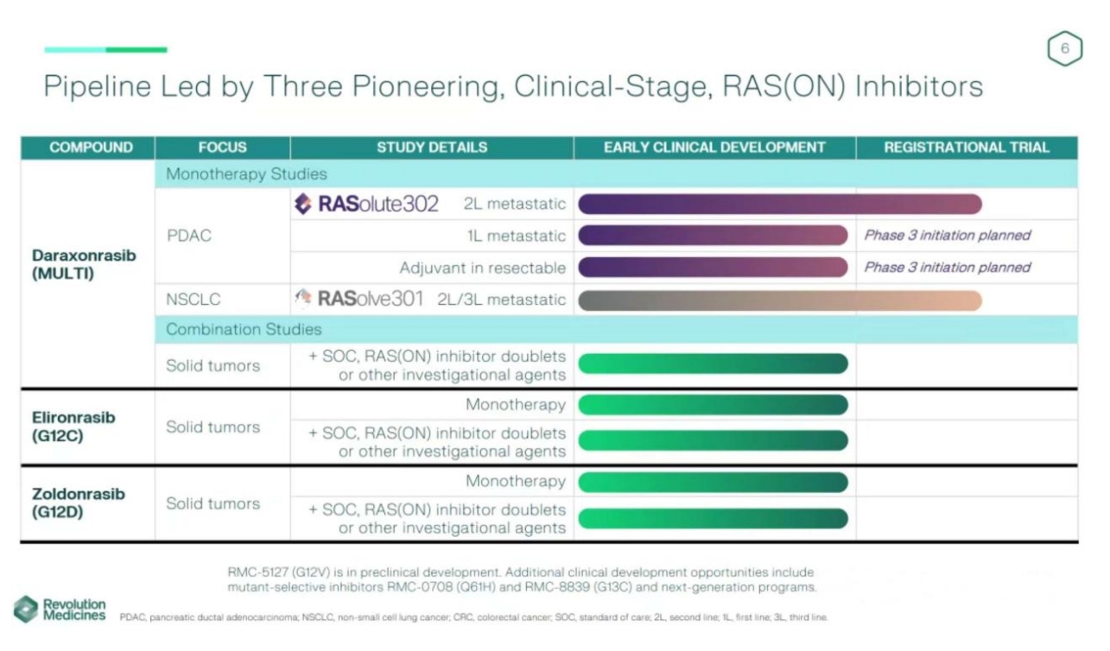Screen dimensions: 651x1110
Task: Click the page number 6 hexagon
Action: pos(1064,49)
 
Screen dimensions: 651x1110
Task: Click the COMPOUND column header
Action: pos(91,148)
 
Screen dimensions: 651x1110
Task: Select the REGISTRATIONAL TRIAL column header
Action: pos(967,148)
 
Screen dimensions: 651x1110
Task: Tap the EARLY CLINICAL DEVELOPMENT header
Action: pos(714,148)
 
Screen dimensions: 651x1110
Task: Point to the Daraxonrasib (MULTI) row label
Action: pos(84,265)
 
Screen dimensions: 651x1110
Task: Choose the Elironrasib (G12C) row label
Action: pos(73,427)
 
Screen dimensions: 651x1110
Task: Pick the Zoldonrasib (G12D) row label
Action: pos(79,503)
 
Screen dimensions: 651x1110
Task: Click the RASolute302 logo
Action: pos(366,204)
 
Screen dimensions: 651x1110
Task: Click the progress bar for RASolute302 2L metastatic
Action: pos(779,205)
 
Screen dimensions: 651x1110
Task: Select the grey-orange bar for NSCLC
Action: pos(779,300)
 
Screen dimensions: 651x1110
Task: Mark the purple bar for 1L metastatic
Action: pos(713,236)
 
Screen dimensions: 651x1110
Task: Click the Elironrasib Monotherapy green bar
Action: pos(713,405)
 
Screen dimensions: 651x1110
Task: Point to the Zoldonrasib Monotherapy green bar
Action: pos(713,482)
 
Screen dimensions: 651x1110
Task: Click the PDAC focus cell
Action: pos(188,236)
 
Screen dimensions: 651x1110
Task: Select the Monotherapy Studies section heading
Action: pos(246,174)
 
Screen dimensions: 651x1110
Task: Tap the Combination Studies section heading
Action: pos(244,330)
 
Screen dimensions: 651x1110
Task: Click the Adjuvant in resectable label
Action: pos(482,269)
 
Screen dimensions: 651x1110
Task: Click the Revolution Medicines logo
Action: pos(60,610)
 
